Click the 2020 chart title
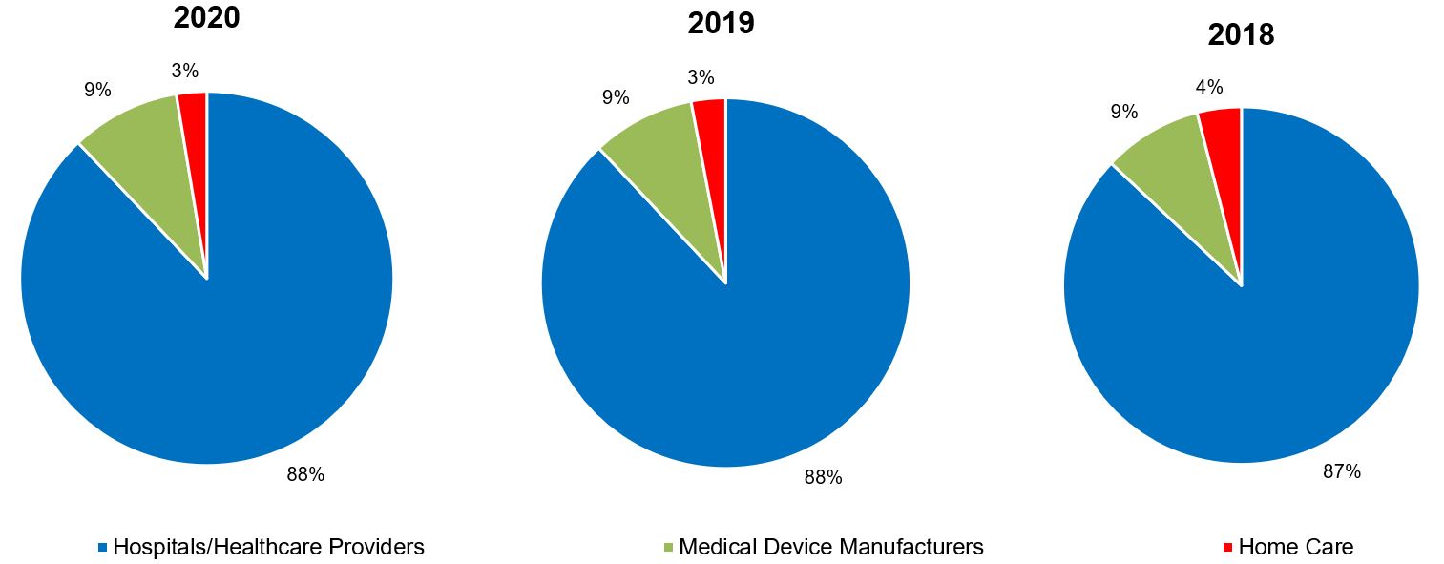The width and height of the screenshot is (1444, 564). [206, 17]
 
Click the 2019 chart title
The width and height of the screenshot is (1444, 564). [721, 23]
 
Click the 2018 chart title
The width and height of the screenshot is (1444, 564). [1241, 35]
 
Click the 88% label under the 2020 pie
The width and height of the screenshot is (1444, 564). [305, 474]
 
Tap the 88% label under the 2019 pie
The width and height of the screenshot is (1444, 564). [823, 477]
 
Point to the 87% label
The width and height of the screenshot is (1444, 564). [1341, 471]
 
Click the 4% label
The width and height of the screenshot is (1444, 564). [1208, 87]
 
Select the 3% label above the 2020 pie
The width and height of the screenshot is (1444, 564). [185, 70]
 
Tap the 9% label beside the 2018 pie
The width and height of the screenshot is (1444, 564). [1124, 112]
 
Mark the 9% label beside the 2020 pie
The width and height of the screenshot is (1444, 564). [97, 91]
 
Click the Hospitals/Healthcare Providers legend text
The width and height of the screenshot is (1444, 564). [268, 547]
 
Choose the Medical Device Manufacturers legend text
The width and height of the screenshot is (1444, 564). [830, 547]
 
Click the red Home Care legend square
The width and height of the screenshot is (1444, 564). [1227, 548]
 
